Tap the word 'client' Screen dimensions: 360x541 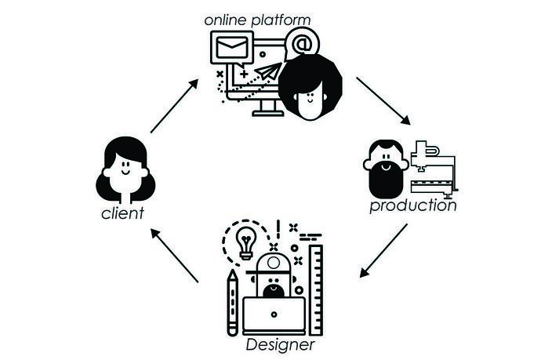click(123, 213)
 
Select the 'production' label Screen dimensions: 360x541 click(412, 206)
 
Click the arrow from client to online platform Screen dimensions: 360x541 click(171, 107)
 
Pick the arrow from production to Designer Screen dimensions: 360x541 click(384, 250)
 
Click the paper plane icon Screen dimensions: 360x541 click(269, 75)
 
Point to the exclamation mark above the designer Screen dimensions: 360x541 click(278, 231)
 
